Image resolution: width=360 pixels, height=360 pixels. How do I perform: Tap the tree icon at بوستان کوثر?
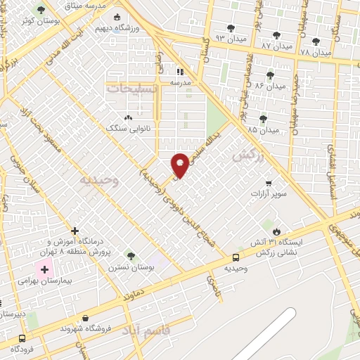(x=41, y=10)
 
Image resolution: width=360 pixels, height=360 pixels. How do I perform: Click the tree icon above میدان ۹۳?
(x=231, y=28)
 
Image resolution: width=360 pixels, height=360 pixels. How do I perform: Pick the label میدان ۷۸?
(x=315, y=52)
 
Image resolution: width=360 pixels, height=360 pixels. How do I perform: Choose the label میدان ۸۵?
(x=263, y=129)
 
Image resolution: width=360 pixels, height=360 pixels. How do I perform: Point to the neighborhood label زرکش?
(x=247, y=155)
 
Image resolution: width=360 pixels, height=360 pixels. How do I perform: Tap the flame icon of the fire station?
(x=276, y=231)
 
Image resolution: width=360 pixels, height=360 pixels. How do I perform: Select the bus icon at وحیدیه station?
(x=236, y=257)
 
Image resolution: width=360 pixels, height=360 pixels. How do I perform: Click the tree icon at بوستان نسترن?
(x=129, y=255)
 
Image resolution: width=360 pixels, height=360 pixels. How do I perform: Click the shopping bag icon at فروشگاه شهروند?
(x=86, y=318)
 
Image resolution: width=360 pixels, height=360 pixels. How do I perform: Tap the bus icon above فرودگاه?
(x=15, y=337)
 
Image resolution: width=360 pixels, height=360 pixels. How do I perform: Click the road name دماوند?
(x=132, y=290)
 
